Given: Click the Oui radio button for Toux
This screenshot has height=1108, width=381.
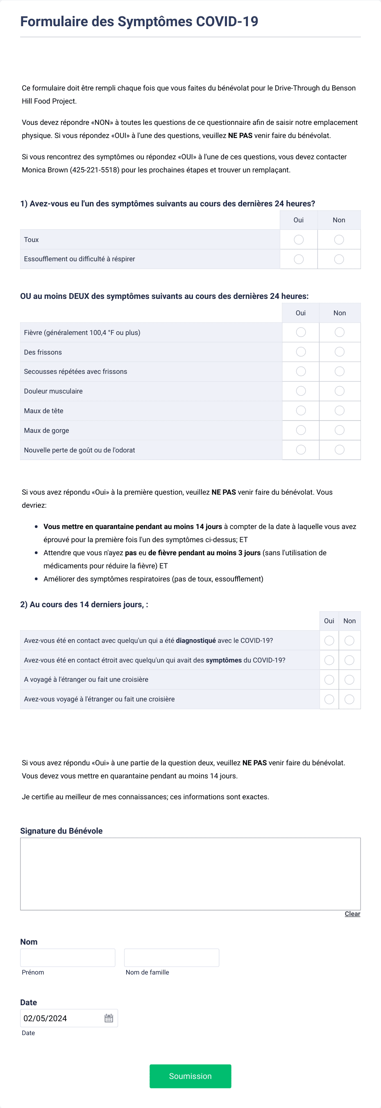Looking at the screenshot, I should point(298,240).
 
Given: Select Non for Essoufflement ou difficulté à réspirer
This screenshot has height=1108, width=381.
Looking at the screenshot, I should point(339,259).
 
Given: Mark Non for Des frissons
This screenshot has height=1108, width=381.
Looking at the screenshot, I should point(339,352).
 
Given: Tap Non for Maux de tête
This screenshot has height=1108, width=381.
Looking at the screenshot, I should point(339,411).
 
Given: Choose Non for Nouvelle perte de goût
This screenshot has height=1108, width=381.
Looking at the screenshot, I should point(339,450).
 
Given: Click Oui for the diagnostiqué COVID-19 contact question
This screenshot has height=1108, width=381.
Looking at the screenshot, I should point(329,640).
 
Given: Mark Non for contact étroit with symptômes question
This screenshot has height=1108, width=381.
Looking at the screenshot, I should point(349,660).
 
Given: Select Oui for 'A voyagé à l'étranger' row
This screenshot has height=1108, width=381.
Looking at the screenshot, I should point(329,680).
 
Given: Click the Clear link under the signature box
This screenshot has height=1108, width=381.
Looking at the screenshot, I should point(352,914).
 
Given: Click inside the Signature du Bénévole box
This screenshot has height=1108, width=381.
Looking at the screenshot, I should point(190,873).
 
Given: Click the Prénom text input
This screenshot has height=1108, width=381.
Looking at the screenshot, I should point(68,957).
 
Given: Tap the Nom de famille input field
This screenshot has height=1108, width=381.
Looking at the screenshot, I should point(171,957).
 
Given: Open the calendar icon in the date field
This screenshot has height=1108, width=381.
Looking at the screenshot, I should point(109,1018).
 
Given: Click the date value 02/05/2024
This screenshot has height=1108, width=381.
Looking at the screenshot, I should point(45,1018).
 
